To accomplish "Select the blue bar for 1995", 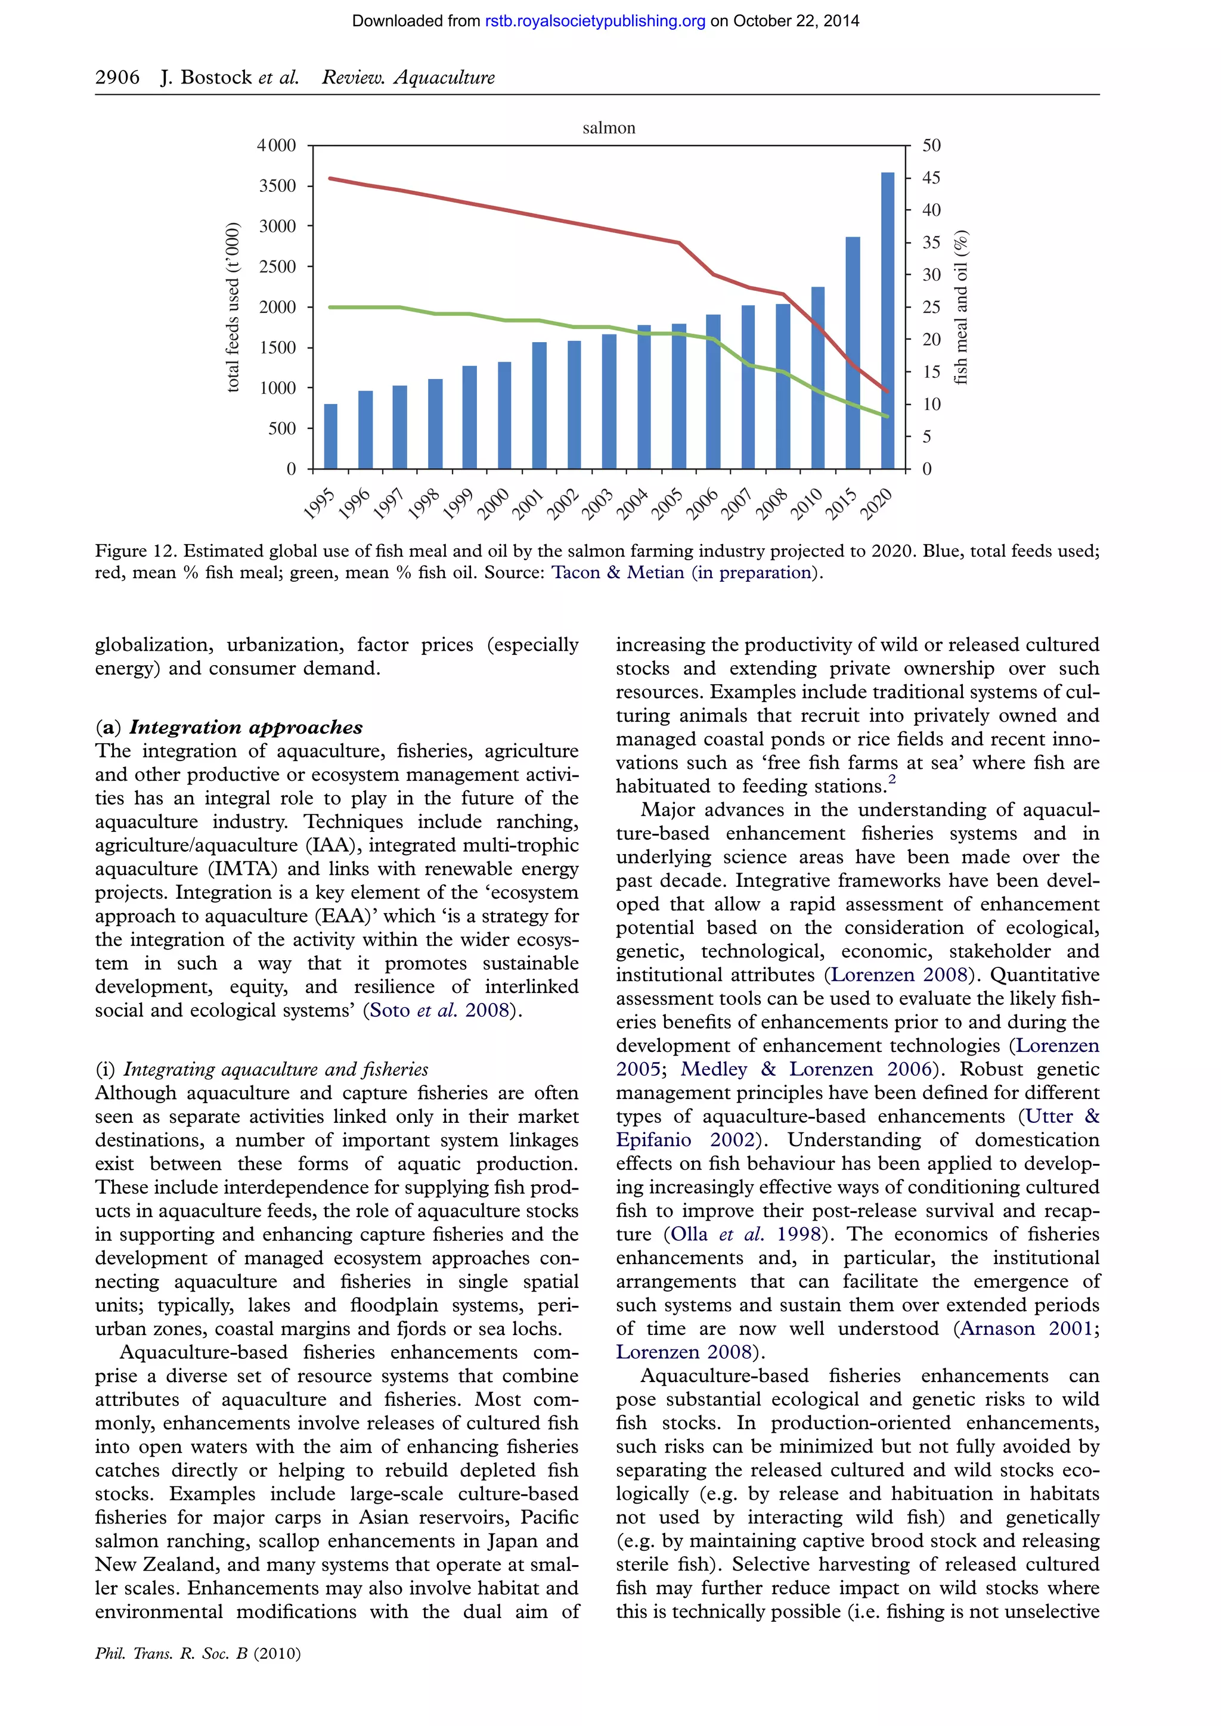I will pyautogui.click(x=330, y=437).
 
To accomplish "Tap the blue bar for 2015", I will pyautogui.click(x=853, y=353).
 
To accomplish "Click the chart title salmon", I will pyautogui.click(x=609, y=128).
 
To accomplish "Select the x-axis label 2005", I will pyautogui.click(x=668, y=503).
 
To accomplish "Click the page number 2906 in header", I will pyautogui.click(x=117, y=77).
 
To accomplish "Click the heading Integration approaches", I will pyautogui.click(x=245, y=727).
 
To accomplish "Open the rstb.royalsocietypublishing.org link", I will pyautogui.click(x=595, y=21).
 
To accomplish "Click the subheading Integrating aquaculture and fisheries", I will pyautogui.click(x=275, y=1069).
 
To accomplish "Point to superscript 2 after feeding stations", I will pyautogui.click(x=892, y=780).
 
